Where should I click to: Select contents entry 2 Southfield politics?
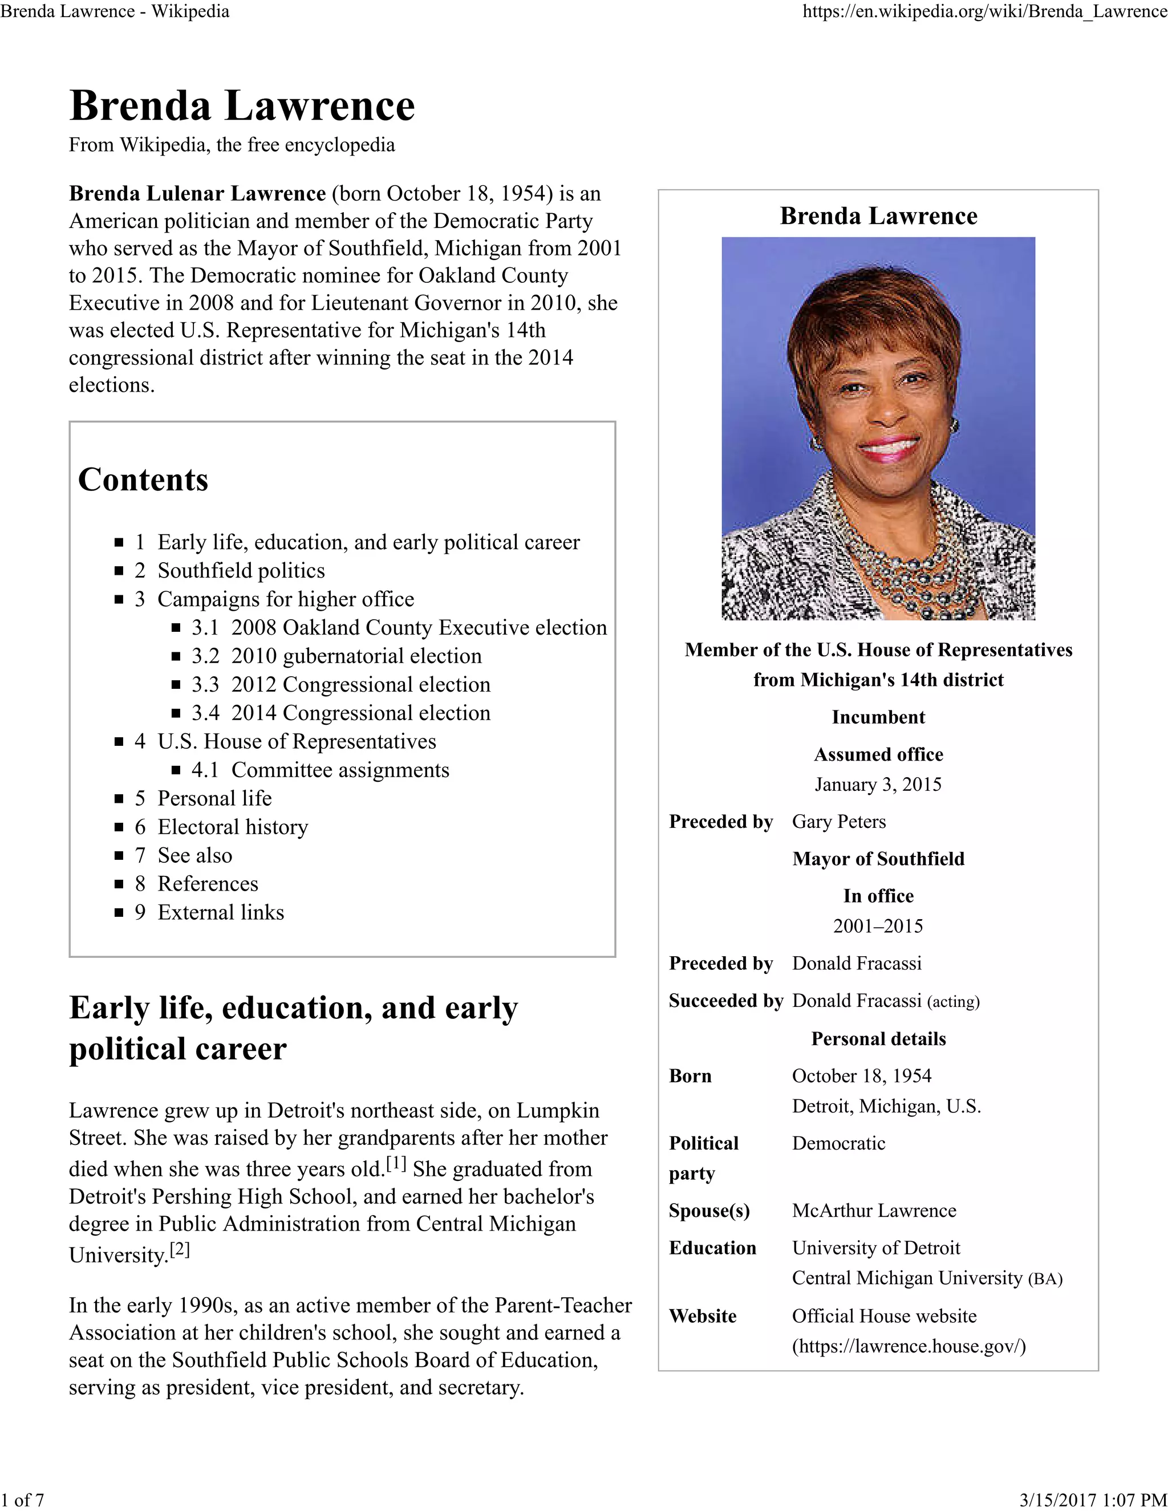(240, 570)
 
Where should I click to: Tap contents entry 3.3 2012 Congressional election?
(360, 684)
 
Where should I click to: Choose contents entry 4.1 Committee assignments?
(339, 769)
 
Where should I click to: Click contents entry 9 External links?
(220, 912)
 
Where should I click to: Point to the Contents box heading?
(143, 479)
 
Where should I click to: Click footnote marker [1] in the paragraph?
(396, 1164)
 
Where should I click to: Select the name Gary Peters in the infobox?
(838, 821)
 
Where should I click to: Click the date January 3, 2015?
(877, 784)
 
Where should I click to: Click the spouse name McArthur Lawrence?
(873, 1210)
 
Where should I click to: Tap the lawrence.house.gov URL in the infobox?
(908, 1346)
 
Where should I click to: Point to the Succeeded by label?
(725, 1001)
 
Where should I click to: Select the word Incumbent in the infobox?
(877, 717)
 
